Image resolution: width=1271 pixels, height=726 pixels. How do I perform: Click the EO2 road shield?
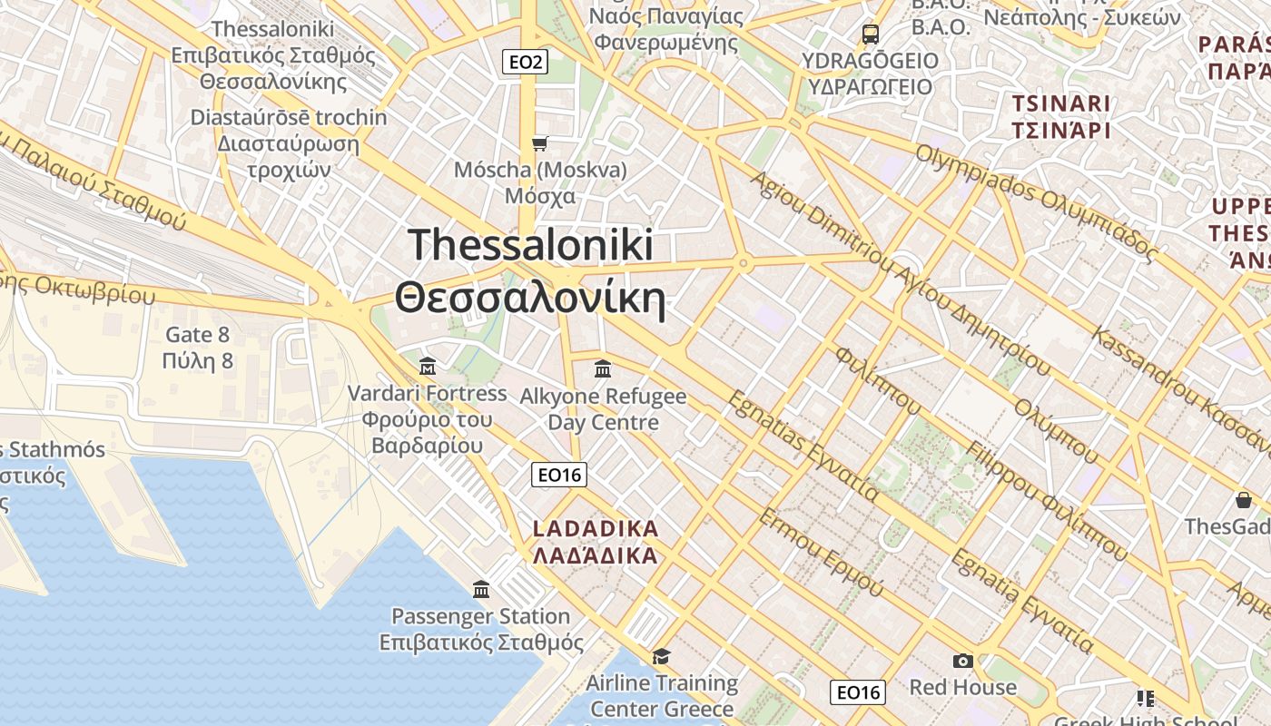point(526,62)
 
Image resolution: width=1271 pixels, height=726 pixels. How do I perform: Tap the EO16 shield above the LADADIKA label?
point(559,475)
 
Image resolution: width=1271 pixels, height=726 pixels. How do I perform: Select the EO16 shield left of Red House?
point(857,692)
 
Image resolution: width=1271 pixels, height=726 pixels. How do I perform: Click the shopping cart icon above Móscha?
point(539,143)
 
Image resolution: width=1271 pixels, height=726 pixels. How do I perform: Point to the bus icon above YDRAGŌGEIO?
point(870,34)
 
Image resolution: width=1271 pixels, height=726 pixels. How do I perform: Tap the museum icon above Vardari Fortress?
point(428,367)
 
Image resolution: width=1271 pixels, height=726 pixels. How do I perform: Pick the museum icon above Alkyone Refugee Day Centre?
point(602,369)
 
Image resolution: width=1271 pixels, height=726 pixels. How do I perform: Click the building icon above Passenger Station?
point(481,590)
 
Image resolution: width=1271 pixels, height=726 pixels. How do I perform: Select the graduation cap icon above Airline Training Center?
point(661,656)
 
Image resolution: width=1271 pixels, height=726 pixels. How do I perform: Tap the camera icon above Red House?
point(962,661)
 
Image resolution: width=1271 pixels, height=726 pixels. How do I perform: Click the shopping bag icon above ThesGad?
point(1243,500)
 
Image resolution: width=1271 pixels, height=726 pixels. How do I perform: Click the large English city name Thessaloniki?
point(530,245)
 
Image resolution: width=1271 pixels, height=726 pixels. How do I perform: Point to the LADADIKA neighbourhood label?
point(595,528)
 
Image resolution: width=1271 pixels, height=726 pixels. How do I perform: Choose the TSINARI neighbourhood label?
point(1061,103)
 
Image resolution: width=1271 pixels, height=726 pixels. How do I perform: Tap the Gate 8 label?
point(197,335)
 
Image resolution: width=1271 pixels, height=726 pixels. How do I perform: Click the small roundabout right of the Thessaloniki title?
point(743,264)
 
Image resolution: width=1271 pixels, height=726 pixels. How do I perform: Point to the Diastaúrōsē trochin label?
point(288,118)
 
